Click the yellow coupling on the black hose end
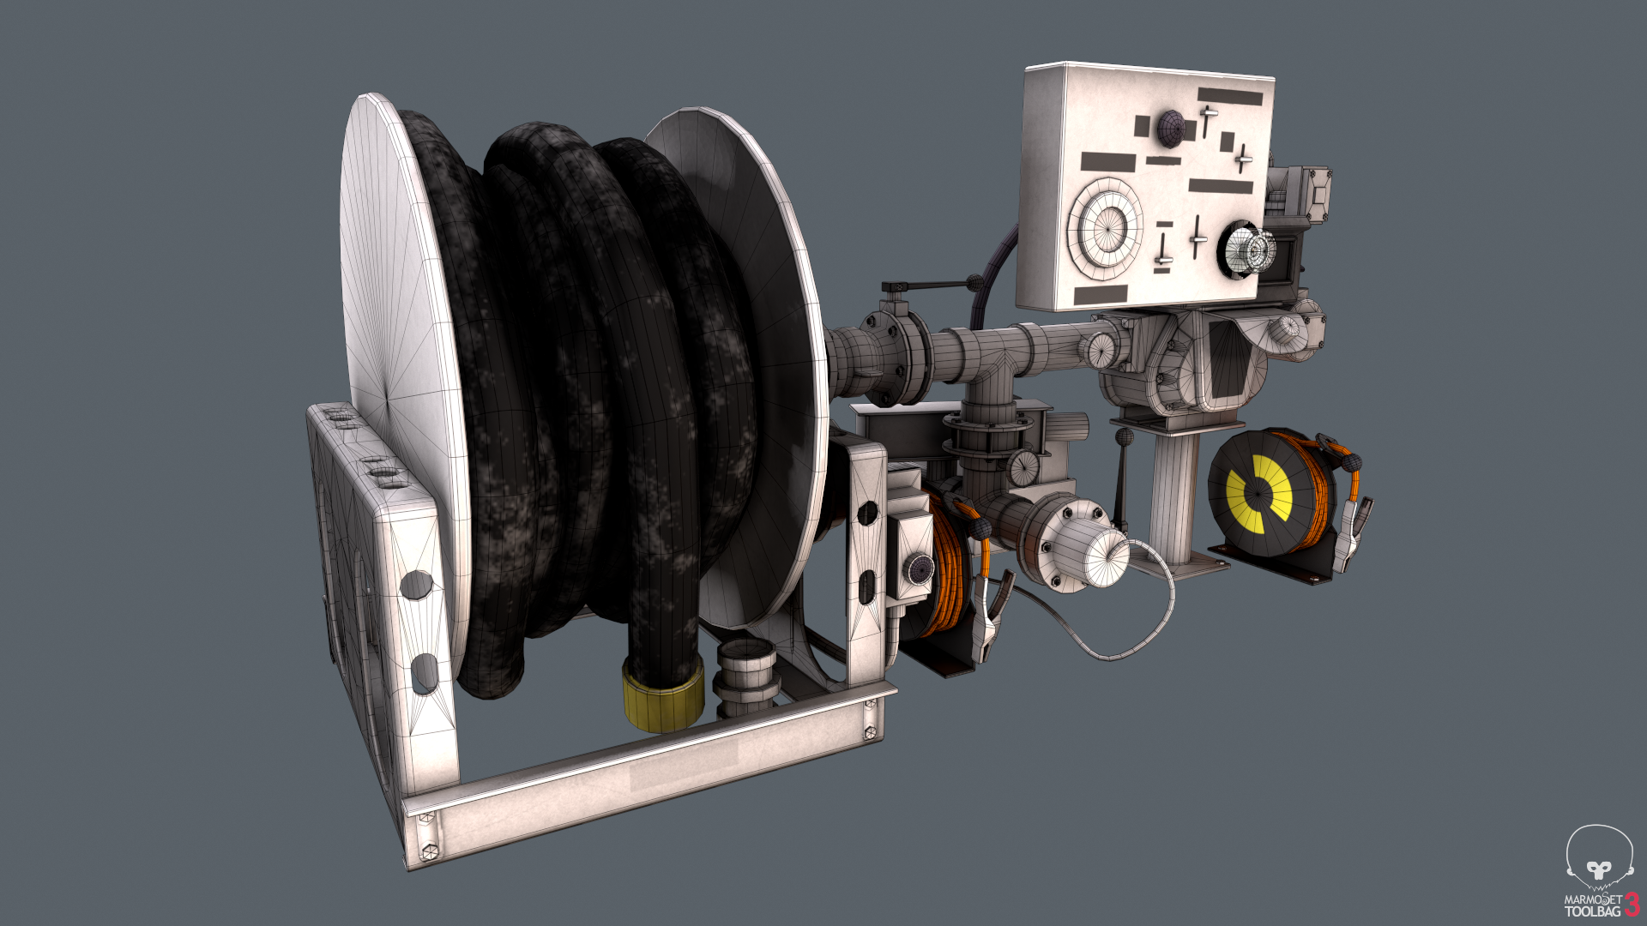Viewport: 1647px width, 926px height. [662, 696]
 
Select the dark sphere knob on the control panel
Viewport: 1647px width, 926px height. [1170, 129]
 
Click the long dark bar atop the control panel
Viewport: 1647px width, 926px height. [1230, 96]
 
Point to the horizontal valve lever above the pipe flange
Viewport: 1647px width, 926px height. [931, 286]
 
